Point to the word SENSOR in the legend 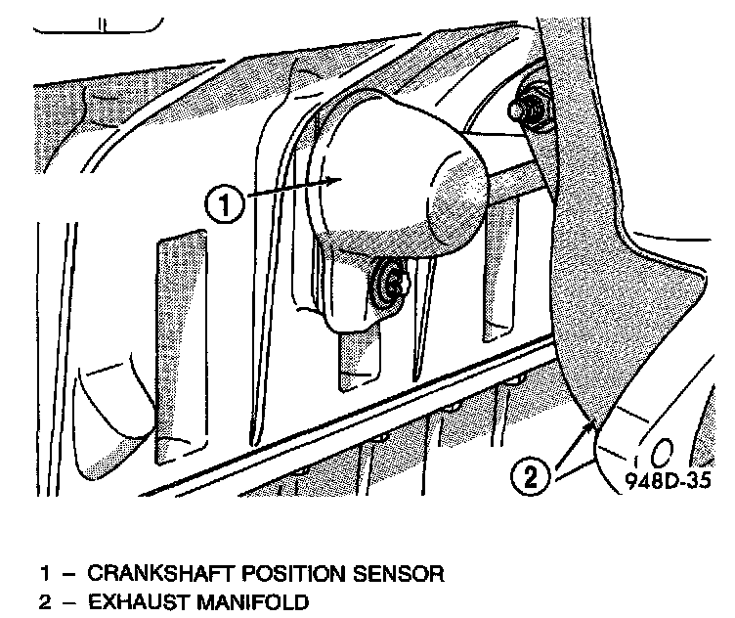pos(396,572)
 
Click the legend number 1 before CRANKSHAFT pos(44,572)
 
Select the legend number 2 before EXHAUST pos(44,600)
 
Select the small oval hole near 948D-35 pos(661,453)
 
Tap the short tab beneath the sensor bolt pos(355,362)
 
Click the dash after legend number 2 pos(66,600)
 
